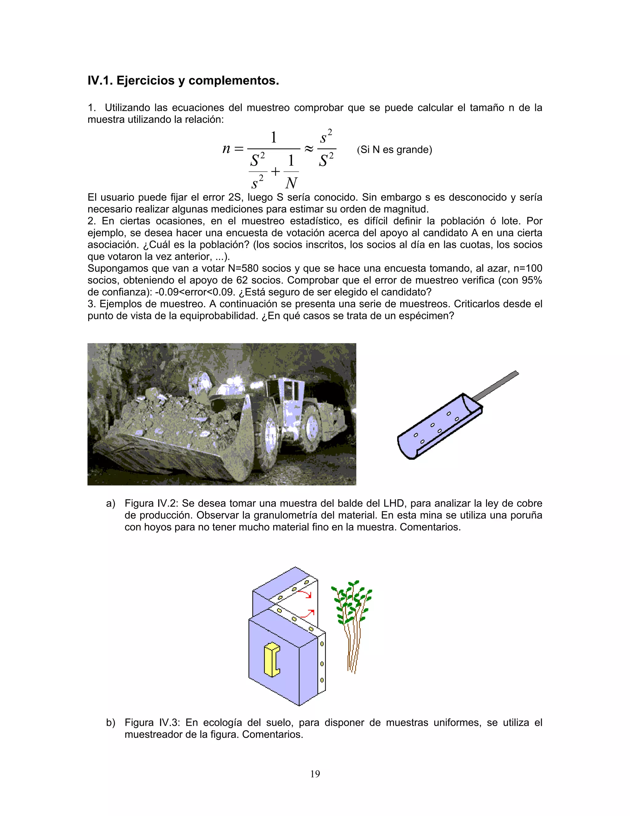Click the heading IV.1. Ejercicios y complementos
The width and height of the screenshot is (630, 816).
point(183,80)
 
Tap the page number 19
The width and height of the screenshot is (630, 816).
point(315,774)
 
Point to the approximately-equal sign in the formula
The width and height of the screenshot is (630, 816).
point(309,149)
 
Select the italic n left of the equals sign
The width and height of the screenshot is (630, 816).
point(226,149)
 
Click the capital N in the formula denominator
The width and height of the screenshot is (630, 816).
point(291,183)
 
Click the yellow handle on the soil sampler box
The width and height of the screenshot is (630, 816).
point(271,660)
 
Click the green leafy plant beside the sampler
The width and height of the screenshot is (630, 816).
point(352,605)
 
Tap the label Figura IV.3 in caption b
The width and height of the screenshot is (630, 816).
point(152,723)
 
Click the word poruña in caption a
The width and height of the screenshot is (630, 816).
point(527,515)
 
